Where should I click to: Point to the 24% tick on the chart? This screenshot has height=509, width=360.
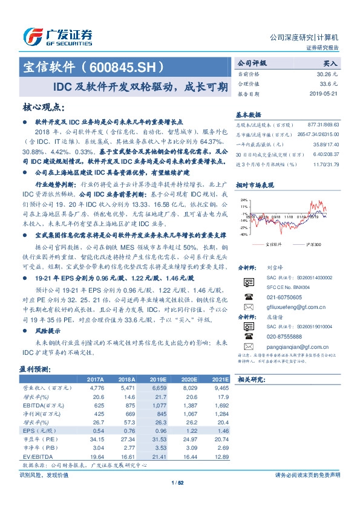[243, 199]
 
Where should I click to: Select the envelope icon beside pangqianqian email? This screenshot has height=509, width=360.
[247, 346]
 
